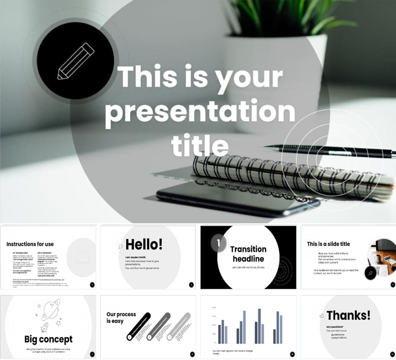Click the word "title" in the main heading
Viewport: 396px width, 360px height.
(200, 145)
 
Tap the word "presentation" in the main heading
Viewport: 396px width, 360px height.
(200, 112)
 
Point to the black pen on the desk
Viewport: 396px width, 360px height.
(334, 150)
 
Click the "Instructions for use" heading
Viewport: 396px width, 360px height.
(30, 244)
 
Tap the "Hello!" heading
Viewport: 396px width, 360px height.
(144, 244)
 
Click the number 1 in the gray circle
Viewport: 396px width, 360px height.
(219, 243)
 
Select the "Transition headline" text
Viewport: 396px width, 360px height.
(248, 254)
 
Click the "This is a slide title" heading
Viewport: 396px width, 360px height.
(328, 244)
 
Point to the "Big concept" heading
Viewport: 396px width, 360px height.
(48, 339)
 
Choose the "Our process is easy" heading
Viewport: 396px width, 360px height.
(121, 317)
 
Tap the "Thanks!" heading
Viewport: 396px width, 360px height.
(348, 315)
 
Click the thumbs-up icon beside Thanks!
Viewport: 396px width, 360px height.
(322, 316)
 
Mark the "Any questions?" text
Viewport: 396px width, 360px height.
(335, 327)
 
